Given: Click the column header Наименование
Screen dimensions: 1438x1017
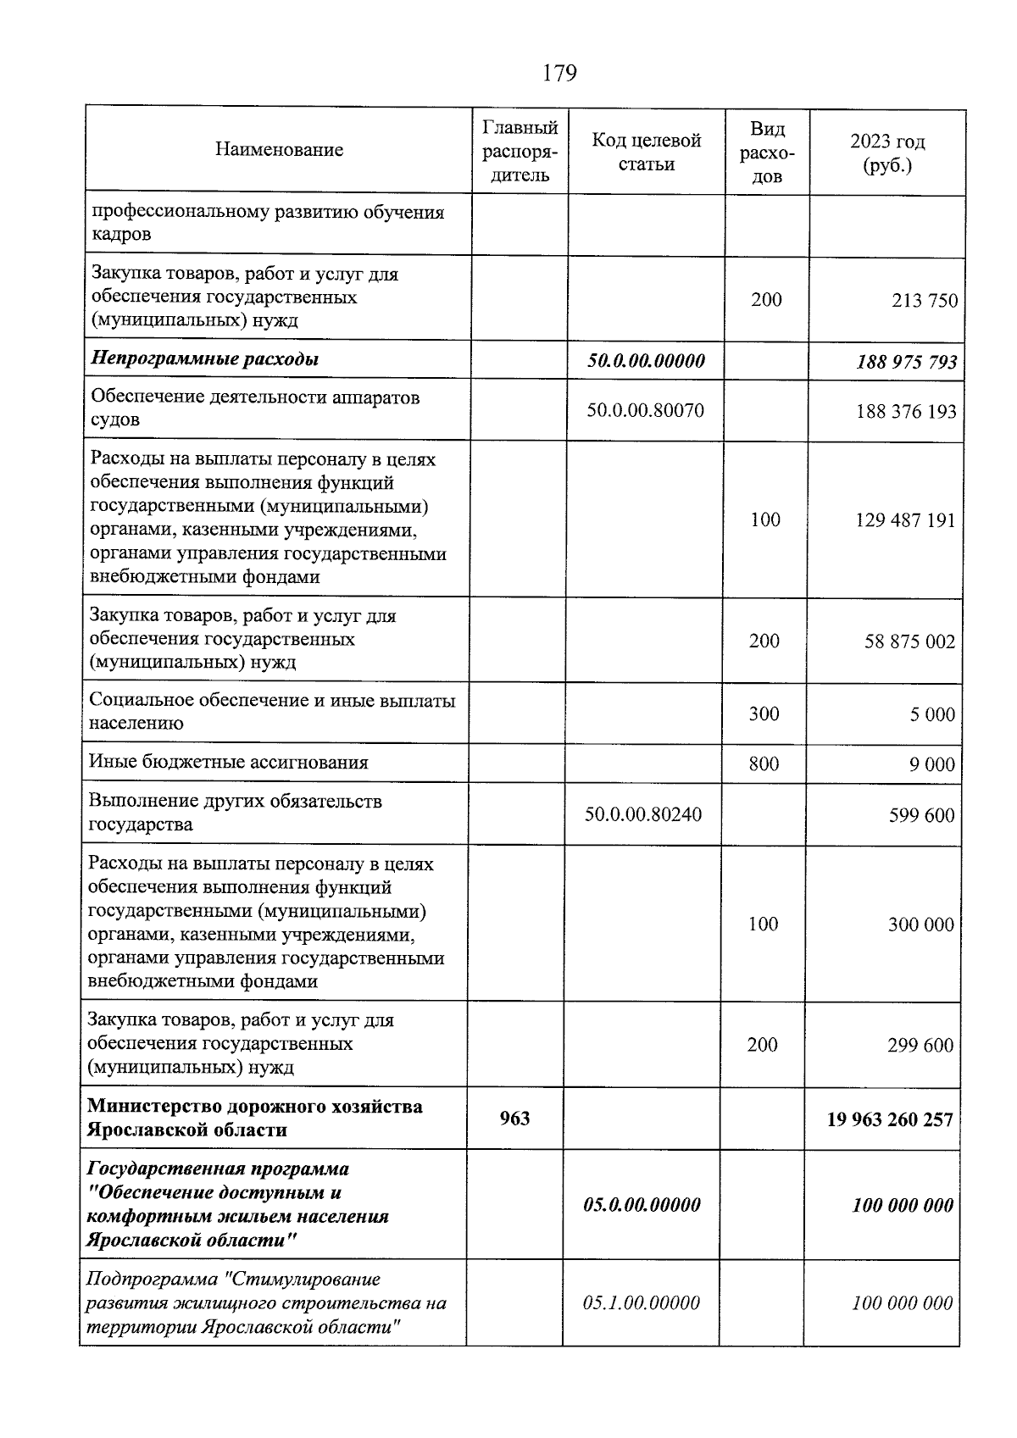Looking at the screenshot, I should [279, 150].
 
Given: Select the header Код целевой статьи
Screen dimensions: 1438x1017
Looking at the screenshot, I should [646, 152].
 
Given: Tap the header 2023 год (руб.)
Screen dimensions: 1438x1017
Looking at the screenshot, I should [887, 153].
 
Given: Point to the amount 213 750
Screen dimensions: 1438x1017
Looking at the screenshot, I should [925, 301].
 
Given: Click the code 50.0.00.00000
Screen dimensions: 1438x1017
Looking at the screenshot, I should [646, 361].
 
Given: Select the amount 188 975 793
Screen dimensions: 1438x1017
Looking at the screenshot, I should [906, 363].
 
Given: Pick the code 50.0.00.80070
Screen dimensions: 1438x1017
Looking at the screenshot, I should [645, 411].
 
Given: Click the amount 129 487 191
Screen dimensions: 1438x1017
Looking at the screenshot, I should [904, 520].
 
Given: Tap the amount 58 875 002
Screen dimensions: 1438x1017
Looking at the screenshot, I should [909, 641].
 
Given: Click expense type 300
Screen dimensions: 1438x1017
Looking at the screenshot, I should [764, 714].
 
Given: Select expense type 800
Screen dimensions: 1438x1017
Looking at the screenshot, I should [764, 764].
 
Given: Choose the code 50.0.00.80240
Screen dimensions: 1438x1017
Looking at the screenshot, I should [643, 815].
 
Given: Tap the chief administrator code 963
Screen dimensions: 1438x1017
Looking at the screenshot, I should [514, 1119].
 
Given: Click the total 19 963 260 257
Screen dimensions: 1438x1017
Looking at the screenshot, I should [890, 1120].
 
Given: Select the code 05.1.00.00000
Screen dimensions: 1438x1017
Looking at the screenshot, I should [642, 1303].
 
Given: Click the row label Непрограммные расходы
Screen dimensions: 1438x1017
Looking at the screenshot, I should [205, 359].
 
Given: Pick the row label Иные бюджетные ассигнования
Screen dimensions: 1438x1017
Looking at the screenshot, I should [229, 763].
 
